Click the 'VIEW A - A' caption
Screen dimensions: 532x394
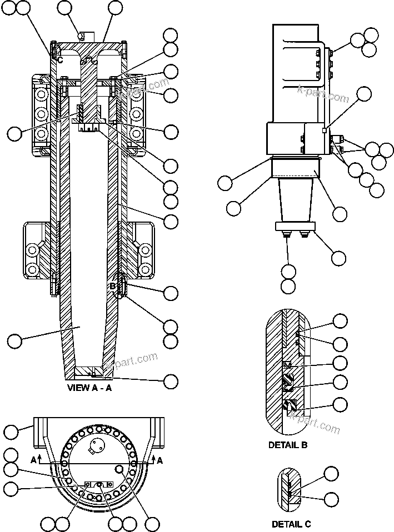tap(89, 388)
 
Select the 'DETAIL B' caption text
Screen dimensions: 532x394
tap(288, 445)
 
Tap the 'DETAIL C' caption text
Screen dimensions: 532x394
tap(291, 524)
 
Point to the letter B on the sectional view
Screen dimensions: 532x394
tap(112, 286)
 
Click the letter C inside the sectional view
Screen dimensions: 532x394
tap(59, 59)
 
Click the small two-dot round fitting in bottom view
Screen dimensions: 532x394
tap(97, 444)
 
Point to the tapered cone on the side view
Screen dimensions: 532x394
tap(295, 200)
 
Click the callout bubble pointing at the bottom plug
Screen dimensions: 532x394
tap(171, 381)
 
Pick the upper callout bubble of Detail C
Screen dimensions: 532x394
tap(332, 474)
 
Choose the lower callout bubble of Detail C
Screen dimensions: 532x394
tap(332, 499)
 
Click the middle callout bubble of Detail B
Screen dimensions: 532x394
tap(340, 363)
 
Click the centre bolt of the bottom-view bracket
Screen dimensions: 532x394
tap(99, 485)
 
